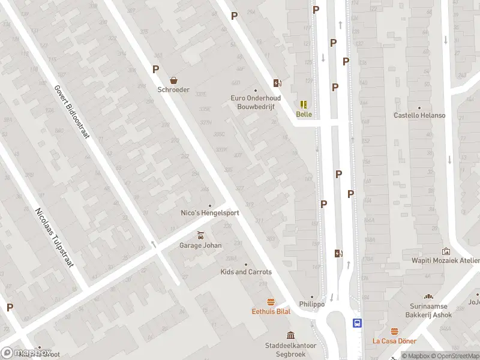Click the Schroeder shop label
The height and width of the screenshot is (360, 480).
coord(173,90)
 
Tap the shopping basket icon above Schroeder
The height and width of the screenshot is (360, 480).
coord(173,80)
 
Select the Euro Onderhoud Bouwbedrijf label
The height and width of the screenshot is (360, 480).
coord(255,102)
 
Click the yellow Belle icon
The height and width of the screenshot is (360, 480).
coord(304,104)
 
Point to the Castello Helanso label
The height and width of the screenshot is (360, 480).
coord(419,115)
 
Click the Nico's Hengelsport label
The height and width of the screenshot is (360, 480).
coord(210,213)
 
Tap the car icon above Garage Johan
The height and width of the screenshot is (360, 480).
coord(200,235)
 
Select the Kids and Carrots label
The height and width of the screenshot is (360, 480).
coord(245,272)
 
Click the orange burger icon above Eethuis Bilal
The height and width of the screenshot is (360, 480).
coord(271,302)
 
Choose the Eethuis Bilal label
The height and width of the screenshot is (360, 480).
coord(271,311)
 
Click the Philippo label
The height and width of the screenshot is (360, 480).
coord(312,304)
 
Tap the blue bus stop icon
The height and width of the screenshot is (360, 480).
coord(357,323)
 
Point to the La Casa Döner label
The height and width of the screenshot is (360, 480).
coord(394,341)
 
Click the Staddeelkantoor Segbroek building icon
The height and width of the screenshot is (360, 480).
coord(291,335)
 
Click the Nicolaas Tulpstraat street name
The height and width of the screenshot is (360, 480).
coord(53,238)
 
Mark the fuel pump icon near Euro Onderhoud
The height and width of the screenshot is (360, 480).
coord(277,83)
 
